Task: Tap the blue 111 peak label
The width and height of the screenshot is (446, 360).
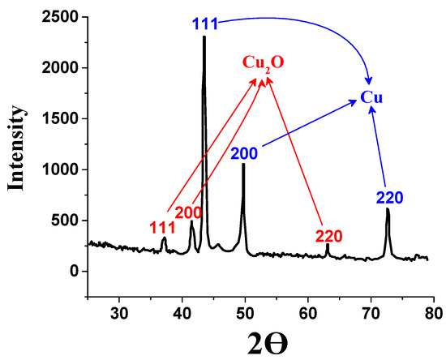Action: tap(205, 24)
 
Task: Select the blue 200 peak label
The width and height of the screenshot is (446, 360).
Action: tap(244, 152)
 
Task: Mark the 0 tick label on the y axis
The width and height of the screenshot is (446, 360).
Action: tap(74, 271)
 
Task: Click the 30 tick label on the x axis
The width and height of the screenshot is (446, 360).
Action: tap(120, 311)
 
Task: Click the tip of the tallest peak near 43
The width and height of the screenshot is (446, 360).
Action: tap(204, 36)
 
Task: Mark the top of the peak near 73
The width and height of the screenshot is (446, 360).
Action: tap(388, 209)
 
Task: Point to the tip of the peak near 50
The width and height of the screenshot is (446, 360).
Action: tap(243, 165)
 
